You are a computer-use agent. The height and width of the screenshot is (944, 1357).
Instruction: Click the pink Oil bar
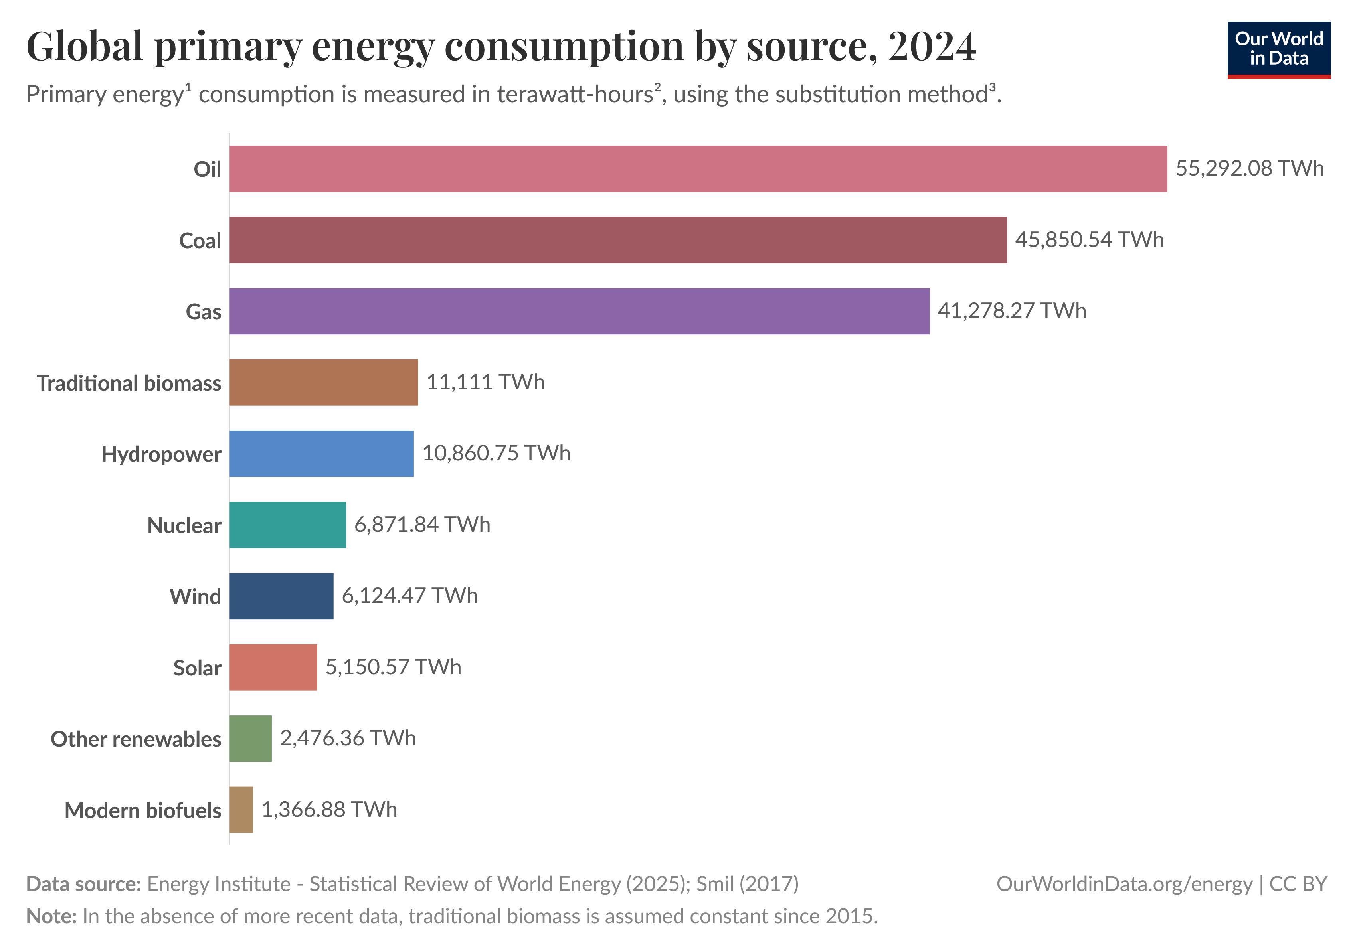tap(697, 169)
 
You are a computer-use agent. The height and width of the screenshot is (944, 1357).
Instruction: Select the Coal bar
tap(617, 240)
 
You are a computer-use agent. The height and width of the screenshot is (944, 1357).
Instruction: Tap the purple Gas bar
tap(579, 311)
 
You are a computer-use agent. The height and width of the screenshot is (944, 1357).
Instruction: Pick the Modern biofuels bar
tap(241, 809)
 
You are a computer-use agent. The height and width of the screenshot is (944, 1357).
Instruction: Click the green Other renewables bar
tap(250, 739)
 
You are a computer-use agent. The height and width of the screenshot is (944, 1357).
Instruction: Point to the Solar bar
tap(273, 667)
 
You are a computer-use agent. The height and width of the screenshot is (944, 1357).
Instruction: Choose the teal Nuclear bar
tap(287, 525)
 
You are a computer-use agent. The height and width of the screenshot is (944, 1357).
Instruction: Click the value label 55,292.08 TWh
tap(1249, 168)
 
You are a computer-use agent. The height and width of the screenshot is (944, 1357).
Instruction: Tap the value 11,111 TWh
tap(485, 382)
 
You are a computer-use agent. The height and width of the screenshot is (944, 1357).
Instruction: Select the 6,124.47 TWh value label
tap(409, 595)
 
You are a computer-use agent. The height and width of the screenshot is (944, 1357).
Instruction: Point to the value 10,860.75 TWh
tap(496, 453)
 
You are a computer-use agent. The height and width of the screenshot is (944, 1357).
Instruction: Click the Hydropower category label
tap(161, 454)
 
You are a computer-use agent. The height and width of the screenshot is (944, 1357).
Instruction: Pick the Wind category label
tap(195, 596)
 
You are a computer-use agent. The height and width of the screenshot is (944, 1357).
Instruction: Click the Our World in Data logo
tap(1278, 49)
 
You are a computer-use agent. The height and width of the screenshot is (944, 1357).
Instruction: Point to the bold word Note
tap(50, 916)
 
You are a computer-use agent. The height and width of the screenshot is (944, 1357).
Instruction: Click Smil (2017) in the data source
tap(747, 884)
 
